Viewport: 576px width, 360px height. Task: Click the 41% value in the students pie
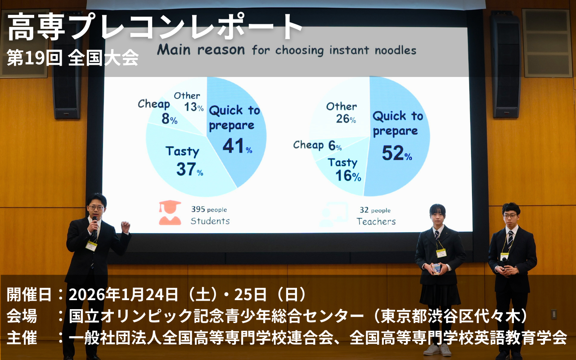pos(237,146)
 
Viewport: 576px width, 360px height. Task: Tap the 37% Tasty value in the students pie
pos(190,169)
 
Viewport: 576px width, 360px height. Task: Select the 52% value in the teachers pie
pos(397,153)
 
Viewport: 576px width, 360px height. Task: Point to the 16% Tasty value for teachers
pos(348,176)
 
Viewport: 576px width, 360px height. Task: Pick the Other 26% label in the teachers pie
pos(342,112)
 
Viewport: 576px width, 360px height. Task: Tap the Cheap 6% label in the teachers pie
pos(317,145)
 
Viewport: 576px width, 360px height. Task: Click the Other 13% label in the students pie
pos(189,102)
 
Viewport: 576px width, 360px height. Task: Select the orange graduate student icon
pos(170,213)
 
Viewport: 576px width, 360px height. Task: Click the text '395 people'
pos(209,209)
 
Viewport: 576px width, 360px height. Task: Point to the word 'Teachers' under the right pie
pos(376,221)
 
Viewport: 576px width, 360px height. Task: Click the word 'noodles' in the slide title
pos(395,50)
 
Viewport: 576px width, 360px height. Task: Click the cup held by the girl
pos(436,269)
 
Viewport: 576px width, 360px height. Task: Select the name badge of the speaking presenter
pos(91,246)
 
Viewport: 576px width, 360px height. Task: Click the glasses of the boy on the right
pos(510,216)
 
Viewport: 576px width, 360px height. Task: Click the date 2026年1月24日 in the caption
pos(123,295)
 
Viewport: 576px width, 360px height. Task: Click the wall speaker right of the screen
pos(505,66)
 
